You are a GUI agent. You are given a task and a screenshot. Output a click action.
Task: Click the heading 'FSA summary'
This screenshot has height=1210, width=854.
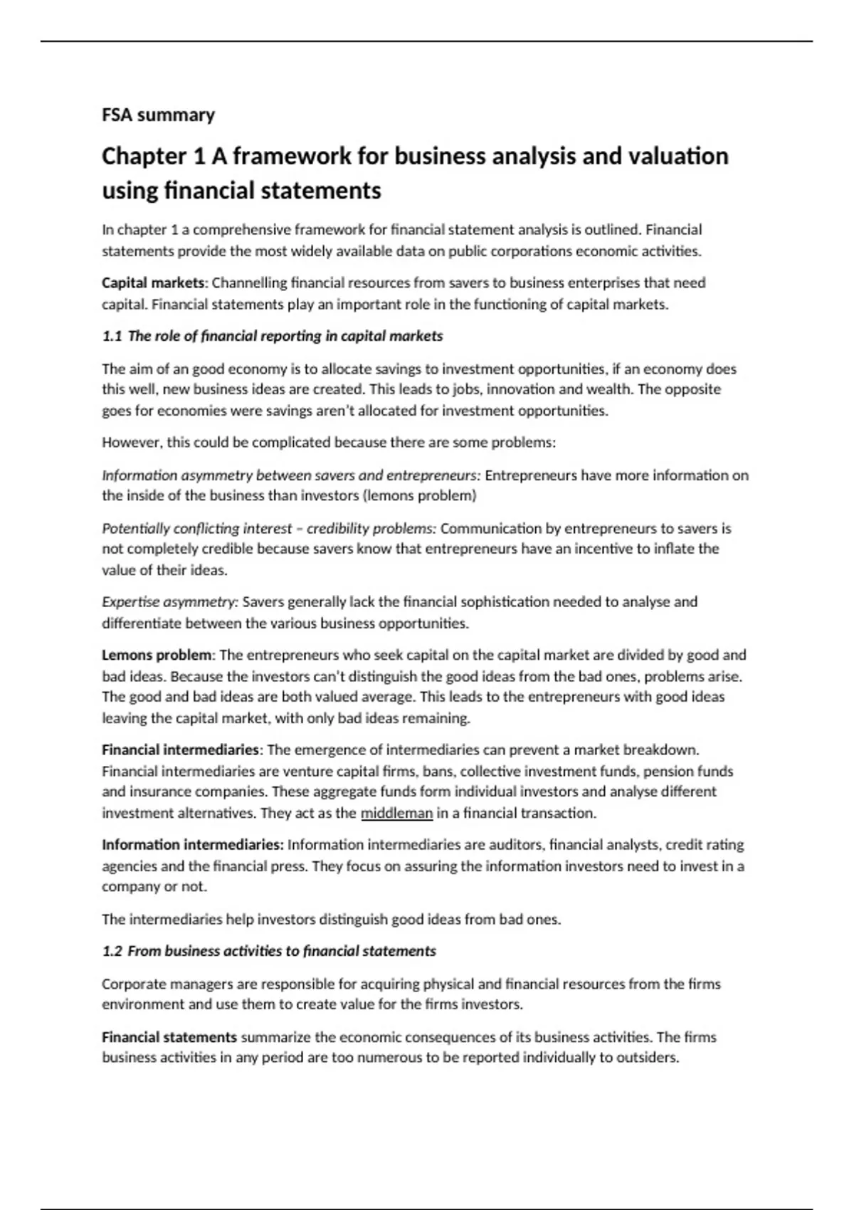pyautogui.click(x=158, y=115)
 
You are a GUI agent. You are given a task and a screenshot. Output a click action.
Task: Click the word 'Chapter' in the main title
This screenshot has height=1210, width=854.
pyautogui.click(x=144, y=156)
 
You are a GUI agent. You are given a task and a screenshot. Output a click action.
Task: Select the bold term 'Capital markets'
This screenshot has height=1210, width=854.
pyautogui.click(x=153, y=283)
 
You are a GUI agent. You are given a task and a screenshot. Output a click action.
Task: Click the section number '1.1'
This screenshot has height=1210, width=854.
pyautogui.click(x=112, y=336)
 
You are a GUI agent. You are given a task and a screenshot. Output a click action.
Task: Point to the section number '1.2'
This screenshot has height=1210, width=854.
pyautogui.click(x=112, y=951)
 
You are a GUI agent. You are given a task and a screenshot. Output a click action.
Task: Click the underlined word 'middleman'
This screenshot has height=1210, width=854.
pyautogui.click(x=396, y=813)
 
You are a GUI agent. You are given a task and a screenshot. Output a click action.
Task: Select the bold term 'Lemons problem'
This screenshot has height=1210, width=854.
pyautogui.click(x=157, y=655)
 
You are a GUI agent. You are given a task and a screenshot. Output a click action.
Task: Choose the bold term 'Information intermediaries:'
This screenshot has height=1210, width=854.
pyautogui.click(x=192, y=845)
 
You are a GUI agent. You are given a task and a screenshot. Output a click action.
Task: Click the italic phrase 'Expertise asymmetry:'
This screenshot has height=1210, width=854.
pyautogui.click(x=169, y=602)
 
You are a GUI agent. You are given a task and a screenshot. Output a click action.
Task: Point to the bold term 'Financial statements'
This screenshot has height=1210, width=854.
pyautogui.click(x=169, y=1037)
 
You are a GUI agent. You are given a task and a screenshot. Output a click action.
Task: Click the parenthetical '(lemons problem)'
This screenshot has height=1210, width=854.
pyautogui.click(x=420, y=495)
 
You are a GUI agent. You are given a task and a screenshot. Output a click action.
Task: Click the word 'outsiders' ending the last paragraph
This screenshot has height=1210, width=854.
pyautogui.click(x=648, y=1058)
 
